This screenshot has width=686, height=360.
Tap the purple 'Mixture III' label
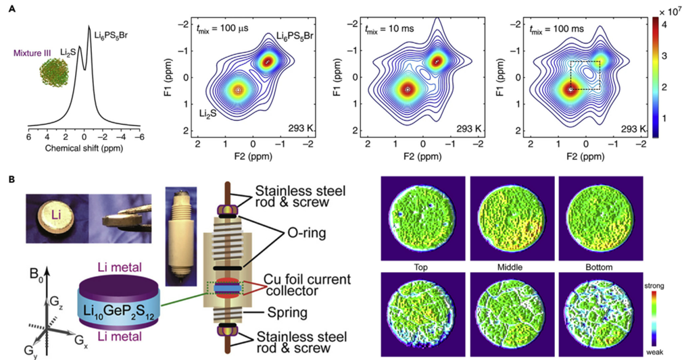click(x=32, y=51)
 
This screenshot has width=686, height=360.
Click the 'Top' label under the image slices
click(x=422, y=267)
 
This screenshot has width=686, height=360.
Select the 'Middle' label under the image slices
click(x=512, y=267)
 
